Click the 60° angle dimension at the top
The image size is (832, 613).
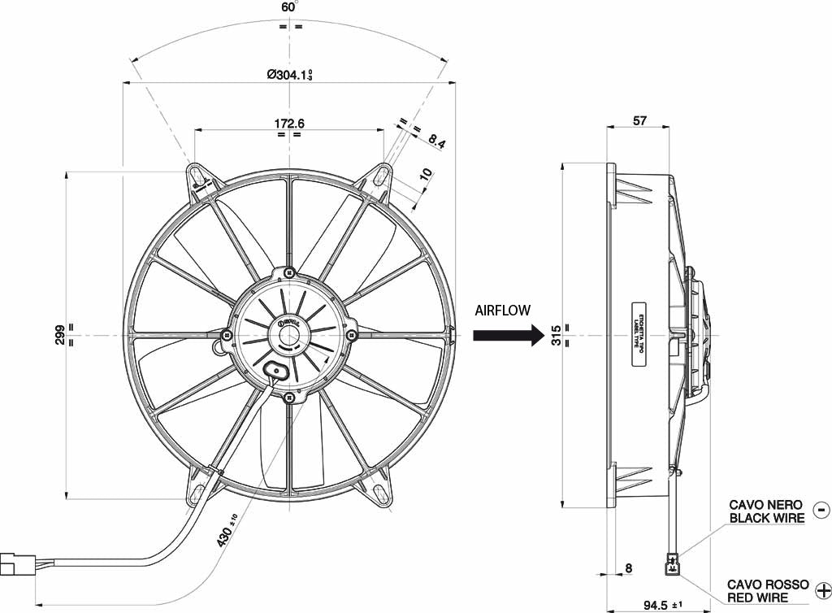[288, 7]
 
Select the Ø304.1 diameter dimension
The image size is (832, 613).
[289, 74]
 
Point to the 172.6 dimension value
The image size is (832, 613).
[289, 124]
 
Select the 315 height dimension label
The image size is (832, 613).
[557, 334]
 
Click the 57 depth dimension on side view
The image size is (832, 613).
[639, 120]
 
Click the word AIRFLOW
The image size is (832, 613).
[503, 310]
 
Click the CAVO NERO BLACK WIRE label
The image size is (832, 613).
[766, 511]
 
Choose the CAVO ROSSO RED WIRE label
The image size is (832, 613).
[767, 591]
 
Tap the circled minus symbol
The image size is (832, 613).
[821, 511]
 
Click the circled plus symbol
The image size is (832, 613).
[822, 590]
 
